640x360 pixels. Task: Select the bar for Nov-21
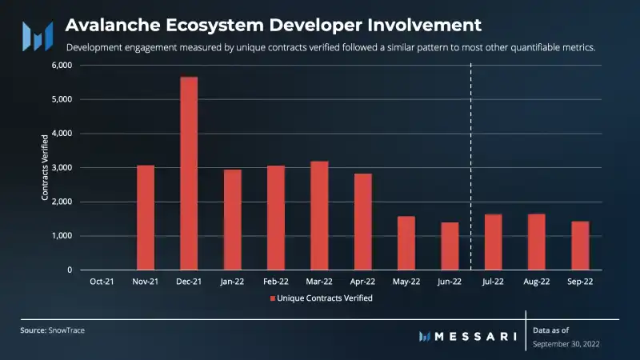coord(146,218)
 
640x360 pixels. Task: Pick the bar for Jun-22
coord(450,246)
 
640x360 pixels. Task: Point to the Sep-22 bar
coord(580,245)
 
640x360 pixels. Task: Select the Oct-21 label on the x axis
coord(102,282)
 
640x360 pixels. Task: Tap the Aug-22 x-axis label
coord(537,282)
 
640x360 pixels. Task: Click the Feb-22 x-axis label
coord(276,282)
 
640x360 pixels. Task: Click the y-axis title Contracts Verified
coord(45,168)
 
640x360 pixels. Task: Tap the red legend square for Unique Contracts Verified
coord(271,298)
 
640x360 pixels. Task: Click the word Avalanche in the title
coord(107,24)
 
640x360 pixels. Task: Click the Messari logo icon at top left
coord(37,35)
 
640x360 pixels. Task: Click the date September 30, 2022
coord(566,344)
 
